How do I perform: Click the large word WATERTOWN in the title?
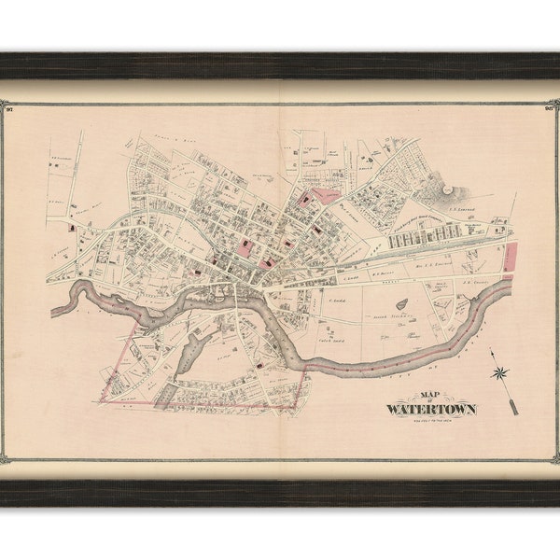[430, 409]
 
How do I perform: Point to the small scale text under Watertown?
[430, 418]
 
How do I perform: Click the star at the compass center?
[501, 373]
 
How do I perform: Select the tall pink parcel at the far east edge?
[510, 257]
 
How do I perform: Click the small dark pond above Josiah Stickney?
[401, 303]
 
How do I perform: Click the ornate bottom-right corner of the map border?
[552, 456]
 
